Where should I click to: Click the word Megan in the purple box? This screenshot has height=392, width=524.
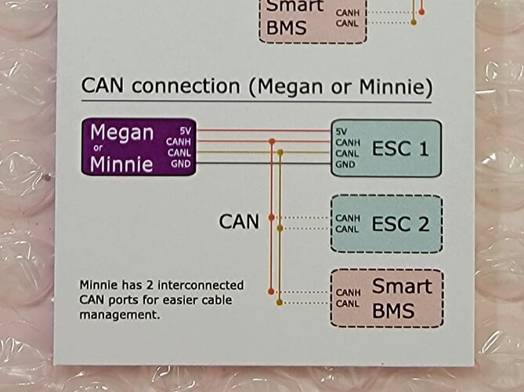(121, 132)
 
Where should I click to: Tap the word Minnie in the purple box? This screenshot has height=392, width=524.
(121, 163)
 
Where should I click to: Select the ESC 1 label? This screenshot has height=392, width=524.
(400, 147)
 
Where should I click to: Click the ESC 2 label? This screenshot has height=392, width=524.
(400, 223)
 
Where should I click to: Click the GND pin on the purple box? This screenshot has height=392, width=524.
(182, 164)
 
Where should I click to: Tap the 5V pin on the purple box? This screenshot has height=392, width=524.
(185, 131)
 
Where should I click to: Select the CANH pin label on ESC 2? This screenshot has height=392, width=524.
(349, 218)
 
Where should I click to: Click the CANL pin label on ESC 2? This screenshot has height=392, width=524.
(349, 229)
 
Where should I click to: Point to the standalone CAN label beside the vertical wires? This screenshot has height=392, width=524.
(239, 222)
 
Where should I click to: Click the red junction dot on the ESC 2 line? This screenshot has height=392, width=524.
(271, 216)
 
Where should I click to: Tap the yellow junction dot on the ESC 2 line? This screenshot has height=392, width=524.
(280, 228)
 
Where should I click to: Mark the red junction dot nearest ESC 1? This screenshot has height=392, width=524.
(271, 142)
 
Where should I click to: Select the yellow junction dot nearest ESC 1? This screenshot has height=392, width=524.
(280, 152)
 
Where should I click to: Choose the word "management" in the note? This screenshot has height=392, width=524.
(127, 315)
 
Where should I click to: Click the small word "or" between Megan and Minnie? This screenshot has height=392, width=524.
(99, 149)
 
